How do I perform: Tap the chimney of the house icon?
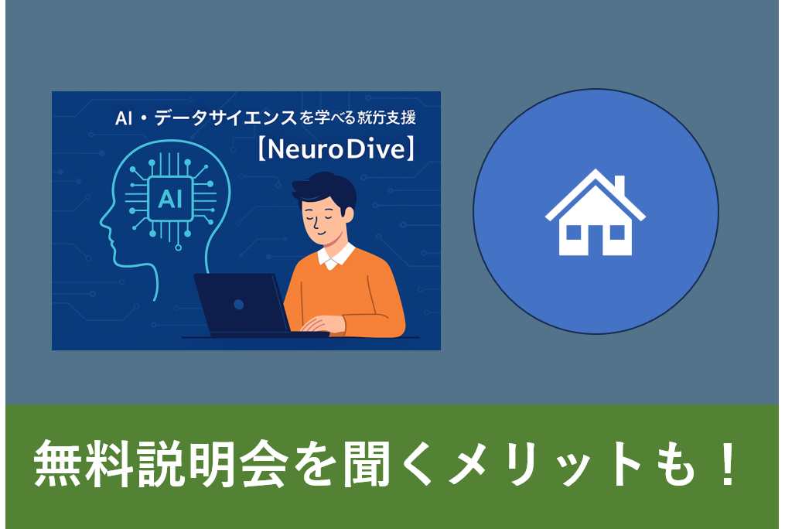pyautogui.click(x=619, y=185)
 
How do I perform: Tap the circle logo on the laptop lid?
pyautogui.click(x=238, y=304)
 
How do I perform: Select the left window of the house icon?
pyautogui.click(x=574, y=231)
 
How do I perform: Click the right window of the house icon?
pyautogui.click(x=616, y=231)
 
